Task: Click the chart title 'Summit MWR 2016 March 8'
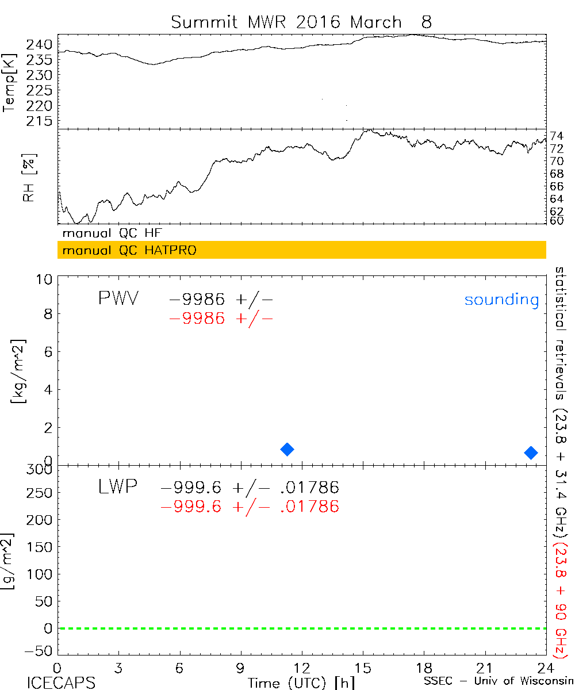tap(301, 22)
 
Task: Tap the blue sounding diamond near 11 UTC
tap(287, 449)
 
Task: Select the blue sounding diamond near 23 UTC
tap(531, 453)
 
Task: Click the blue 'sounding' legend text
tap(502, 300)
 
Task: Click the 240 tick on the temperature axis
tap(42, 45)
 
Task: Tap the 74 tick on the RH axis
tap(557, 136)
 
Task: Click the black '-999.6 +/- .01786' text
tap(250, 488)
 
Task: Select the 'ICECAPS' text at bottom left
tap(60, 683)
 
